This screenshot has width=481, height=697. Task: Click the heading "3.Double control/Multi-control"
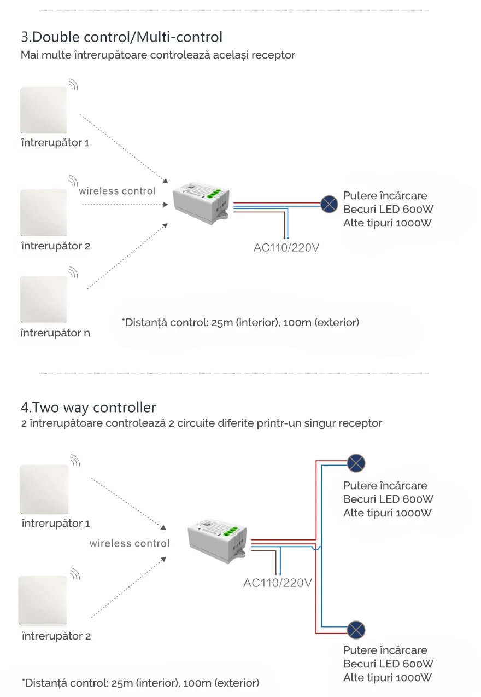[x=121, y=37]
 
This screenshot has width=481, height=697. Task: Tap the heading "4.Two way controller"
[x=88, y=408]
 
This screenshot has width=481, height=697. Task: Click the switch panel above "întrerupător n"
[x=44, y=299]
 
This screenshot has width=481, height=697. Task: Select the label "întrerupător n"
[x=55, y=333]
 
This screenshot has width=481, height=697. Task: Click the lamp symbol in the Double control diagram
[x=329, y=204]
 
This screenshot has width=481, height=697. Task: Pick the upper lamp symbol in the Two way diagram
[x=356, y=463]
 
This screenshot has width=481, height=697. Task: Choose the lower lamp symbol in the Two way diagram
[x=356, y=630]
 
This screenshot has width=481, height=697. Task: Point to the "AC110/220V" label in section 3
[x=286, y=248]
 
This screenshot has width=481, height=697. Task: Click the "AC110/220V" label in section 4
[x=278, y=583]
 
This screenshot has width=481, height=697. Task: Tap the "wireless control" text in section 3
[x=117, y=191]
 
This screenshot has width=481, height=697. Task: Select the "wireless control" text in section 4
[x=130, y=543]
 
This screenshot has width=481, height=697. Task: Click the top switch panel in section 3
[x=44, y=110]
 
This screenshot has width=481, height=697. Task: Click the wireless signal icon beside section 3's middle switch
[x=73, y=180]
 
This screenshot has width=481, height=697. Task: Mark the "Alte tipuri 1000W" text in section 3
[x=388, y=223]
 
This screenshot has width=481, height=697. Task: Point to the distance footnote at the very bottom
[x=140, y=683]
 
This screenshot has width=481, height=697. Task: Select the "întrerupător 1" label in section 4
[x=56, y=524]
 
